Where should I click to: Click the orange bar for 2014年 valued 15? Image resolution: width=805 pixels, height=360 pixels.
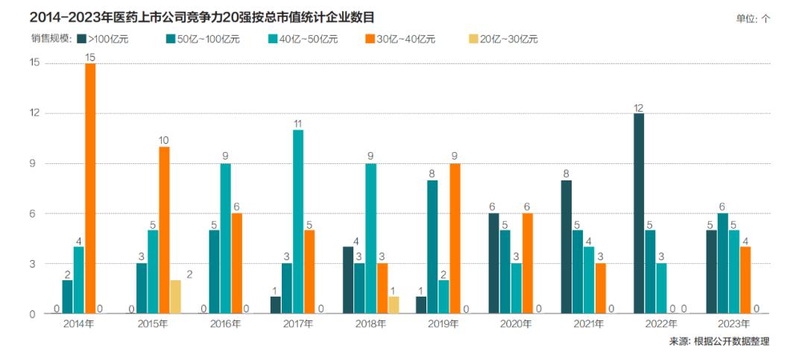(90, 189)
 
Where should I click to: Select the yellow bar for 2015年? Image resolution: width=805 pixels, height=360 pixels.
(175, 297)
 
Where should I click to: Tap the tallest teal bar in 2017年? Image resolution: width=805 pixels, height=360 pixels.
(298, 221)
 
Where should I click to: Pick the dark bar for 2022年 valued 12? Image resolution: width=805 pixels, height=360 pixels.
(639, 213)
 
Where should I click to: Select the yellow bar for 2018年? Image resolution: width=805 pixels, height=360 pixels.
(394, 305)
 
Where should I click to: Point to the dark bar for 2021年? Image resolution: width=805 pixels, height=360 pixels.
(566, 247)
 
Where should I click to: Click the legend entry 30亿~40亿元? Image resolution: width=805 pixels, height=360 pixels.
(400, 39)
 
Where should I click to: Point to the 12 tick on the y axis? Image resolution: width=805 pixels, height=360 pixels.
(32, 113)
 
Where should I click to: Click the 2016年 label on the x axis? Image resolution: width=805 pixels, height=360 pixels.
(225, 324)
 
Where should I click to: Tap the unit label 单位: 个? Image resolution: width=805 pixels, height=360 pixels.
(753, 19)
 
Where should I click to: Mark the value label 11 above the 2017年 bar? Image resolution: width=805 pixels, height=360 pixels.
(298, 123)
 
